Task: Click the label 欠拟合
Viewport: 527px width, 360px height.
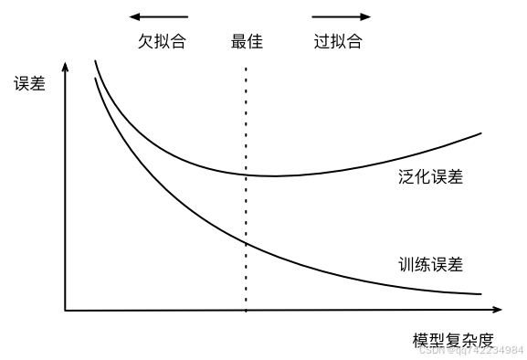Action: coord(162,42)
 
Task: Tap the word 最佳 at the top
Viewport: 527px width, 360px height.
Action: coord(247,42)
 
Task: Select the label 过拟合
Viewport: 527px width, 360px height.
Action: coord(338,42)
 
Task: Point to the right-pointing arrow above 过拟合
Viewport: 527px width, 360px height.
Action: coord(342,16)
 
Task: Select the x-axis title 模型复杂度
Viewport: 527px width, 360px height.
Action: coord(452,341)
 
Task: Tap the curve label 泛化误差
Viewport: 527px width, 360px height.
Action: coord(431,176)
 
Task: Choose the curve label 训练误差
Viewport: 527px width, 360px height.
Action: coord(431,265)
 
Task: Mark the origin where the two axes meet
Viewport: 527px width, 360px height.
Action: coord(65,310)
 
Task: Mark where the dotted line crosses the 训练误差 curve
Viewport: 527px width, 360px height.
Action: coord(246,242)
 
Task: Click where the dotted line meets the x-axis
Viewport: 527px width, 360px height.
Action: coord(246,310)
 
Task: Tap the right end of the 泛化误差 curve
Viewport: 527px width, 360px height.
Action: coord(480,133)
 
